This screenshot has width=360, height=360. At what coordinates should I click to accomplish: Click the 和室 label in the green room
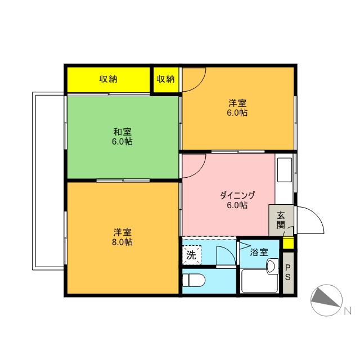pos(122,132)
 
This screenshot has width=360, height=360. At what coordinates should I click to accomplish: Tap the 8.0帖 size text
pos(122,242)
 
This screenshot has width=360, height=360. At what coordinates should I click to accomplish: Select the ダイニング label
pos(237,195)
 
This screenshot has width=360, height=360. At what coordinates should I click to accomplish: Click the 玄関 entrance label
pos(281,219)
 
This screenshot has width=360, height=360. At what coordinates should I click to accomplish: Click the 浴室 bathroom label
pos(259,253)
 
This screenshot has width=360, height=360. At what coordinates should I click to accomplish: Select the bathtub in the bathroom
pos(259,281)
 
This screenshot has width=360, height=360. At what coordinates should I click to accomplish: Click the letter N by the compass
pos(348,309)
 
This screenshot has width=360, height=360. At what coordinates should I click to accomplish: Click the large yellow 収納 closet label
pos(109,79)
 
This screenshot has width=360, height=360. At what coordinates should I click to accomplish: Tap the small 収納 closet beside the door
pos(165,79)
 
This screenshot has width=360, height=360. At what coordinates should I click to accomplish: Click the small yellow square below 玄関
pos(287,244)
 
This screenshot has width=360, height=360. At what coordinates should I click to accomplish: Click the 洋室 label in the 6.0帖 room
pos(237,103)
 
